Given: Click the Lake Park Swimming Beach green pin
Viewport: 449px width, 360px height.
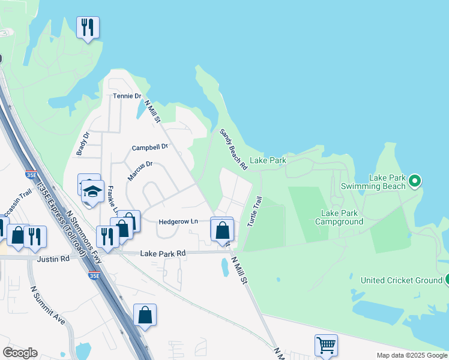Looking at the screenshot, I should pyautogui.click(x=415, y=180).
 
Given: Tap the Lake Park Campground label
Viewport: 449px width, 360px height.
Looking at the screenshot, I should pyautogui.click(x=342, y=217).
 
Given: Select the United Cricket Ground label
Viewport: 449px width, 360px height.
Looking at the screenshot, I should pyautogui.click(x=402, y=280).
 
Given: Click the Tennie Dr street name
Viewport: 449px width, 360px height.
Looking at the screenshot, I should pyautogui.click(x=127, y=96).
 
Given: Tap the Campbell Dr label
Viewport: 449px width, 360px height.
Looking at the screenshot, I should pyautogui.click(x=149, y=147).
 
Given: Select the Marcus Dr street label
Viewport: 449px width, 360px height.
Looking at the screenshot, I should pyautogui.click(x=140, y=170).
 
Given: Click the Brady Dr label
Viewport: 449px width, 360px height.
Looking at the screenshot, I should pyautogui.click(x=83, y=144).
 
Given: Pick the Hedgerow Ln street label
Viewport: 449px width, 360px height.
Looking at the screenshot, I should pyautogui.click(x=178, y=221).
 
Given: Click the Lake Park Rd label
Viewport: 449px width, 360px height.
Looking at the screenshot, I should pyautogui.click(x=163, y=254).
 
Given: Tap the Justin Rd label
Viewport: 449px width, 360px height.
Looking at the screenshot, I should pyautogui.click(x=53, y=259).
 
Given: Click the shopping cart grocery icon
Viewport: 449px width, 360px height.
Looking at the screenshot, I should pyautogui.click(x=326, y=345).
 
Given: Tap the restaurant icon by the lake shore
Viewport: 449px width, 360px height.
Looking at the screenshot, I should pyautogui.click(x=88, y=27).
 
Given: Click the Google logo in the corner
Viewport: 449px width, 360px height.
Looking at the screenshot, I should pyautogui.click(x=20, y=353).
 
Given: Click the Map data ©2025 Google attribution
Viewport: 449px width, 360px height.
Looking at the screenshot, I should pyautogui.click(x=412, y=355).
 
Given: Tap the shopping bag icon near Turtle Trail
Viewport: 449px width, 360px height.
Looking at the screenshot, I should pyautogui.click(x=222, y=229).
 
